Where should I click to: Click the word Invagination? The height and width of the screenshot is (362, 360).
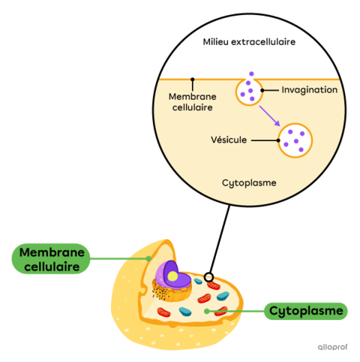(309, 90)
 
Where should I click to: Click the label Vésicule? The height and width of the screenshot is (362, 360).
(229, 140)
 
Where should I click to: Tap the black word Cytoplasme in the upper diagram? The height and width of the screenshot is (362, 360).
(250, 183)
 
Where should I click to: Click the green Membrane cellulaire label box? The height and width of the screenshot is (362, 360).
(50, 259)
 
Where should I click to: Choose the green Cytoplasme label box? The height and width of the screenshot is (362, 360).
(306, 310)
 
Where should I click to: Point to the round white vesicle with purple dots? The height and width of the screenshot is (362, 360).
(295, 140)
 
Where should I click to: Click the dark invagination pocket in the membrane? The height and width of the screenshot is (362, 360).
(247, 93)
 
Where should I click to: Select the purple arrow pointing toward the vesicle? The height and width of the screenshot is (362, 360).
(269, 116)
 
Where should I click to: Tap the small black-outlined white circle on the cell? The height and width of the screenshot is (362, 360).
(208, 277)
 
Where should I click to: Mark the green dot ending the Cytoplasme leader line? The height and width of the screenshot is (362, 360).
(207, 310)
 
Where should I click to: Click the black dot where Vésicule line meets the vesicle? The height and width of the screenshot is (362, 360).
(278, 140)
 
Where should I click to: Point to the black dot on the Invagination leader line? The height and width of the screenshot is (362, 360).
(262, 90)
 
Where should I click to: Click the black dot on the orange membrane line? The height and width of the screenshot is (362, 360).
(193, 78)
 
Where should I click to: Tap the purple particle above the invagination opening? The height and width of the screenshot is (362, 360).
(251, 74)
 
